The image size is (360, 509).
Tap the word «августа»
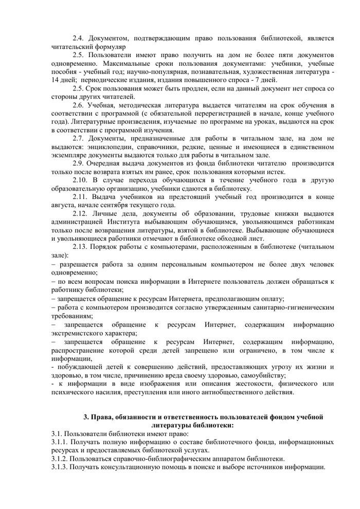pos(65,205)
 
